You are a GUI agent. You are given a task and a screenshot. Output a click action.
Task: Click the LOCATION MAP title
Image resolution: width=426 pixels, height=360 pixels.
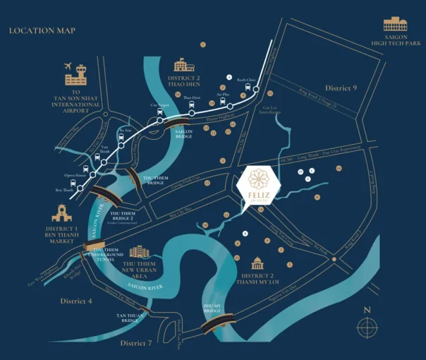[42, 30]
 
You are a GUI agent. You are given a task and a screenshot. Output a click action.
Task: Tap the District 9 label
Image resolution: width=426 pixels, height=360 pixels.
[341, 88]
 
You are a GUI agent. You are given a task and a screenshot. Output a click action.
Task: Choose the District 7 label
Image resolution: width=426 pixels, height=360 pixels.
[136, 343]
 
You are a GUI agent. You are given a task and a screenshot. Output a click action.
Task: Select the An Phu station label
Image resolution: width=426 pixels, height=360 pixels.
[223, 94]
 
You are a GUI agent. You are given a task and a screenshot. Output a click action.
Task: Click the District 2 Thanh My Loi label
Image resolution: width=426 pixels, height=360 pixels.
[257, 279]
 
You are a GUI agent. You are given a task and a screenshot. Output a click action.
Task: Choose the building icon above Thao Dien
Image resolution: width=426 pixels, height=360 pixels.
[183, 64]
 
